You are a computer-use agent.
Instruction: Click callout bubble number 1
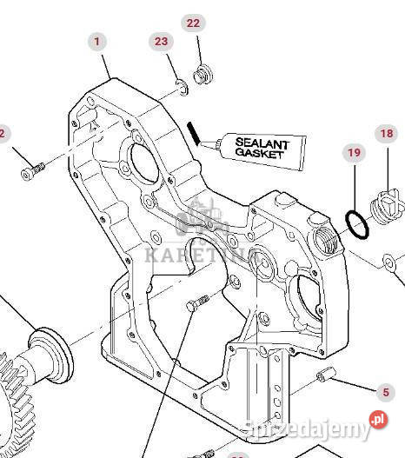pos(96,41)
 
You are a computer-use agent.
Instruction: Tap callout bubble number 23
pos(161,42)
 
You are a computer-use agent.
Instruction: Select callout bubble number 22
pos(193,23)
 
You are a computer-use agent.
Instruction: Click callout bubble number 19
pos(354,153)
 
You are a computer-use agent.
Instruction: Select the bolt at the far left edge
pos(30,173)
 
